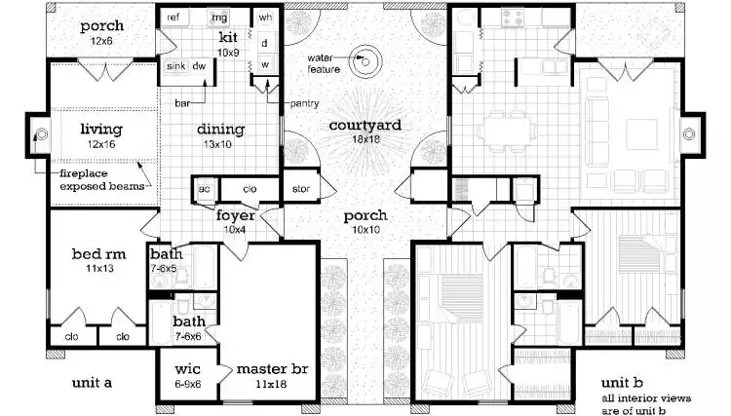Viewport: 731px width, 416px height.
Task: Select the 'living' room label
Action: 101,128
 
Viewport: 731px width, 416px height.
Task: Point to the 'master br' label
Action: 266,369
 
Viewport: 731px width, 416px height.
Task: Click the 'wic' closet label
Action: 187,369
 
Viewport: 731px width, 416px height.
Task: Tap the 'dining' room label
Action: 220,130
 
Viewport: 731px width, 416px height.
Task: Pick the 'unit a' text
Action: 93,383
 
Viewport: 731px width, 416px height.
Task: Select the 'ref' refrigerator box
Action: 174,18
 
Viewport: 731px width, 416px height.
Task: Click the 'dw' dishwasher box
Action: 199,66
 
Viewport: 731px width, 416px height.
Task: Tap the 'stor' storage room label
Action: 300,188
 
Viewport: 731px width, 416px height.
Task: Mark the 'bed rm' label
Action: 95,254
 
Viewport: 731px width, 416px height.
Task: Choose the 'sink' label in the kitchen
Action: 175,66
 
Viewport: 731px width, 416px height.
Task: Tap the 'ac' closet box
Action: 206,188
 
